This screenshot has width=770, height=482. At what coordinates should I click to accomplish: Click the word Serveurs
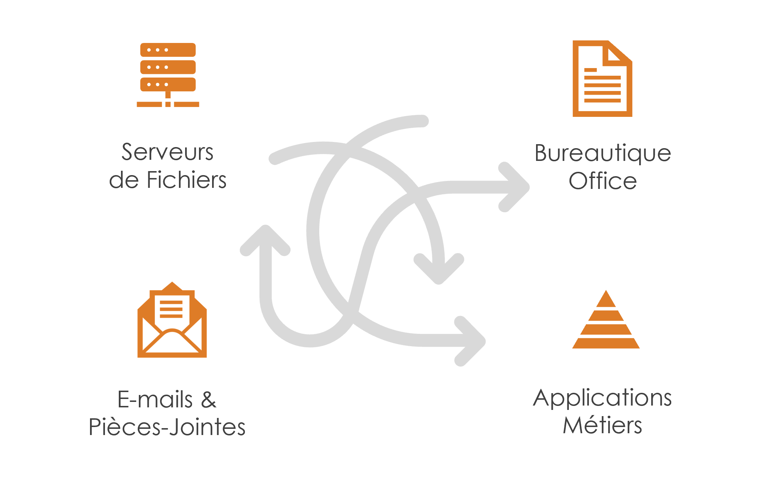pos(167,152)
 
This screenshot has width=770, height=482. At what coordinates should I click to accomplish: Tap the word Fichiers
pos(187,180)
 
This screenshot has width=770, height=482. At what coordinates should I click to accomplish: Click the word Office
pos(603,181)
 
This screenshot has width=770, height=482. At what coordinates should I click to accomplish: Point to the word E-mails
pos(155,399)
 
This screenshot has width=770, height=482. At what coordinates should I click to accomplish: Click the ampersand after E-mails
pos(209,399)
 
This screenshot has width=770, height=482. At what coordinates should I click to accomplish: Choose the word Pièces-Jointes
pos(167,427)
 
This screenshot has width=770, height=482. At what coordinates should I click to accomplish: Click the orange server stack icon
pos(168,75)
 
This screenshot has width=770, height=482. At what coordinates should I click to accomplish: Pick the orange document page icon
pos(602,79)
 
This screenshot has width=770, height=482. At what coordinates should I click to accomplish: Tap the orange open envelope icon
pos(172,320)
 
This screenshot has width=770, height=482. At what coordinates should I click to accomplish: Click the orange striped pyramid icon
pos(606,319)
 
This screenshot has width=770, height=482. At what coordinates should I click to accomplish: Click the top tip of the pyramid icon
pos(606,290)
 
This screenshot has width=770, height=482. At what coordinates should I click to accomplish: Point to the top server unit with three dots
pos(168,50)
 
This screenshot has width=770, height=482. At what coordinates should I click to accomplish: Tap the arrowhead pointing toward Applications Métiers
pos(470,341)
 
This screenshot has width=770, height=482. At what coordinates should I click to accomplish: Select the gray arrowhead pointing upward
pos(265,240)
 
